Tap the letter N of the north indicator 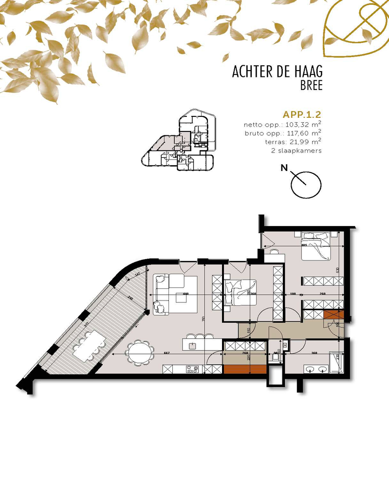(x=283, y=169)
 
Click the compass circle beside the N (x=306, y=185)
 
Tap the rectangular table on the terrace (x=89, y=344)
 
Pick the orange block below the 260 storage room (x=245, y=369)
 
